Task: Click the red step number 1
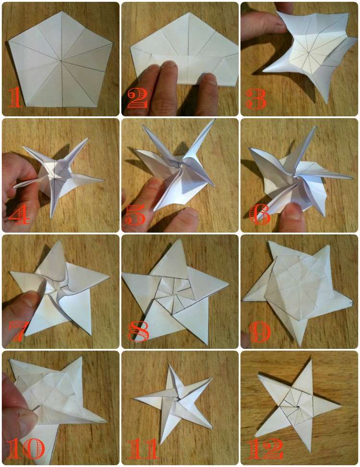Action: [16, 98]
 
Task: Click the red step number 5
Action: [135, 216]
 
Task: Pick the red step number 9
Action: [260, 332]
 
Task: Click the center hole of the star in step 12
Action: [298, 407]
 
